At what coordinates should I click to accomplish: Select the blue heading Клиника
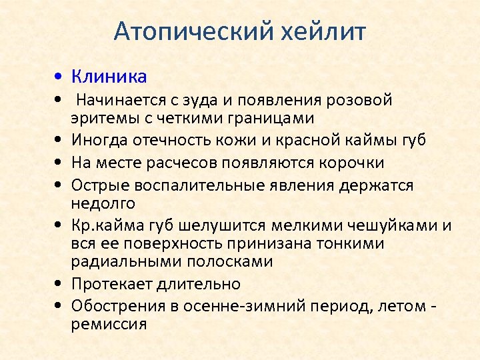[109, 77]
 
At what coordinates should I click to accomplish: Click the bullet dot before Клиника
[60, 77]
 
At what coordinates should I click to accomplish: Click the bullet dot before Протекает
[60, 284]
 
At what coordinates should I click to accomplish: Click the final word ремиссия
[109, 325]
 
